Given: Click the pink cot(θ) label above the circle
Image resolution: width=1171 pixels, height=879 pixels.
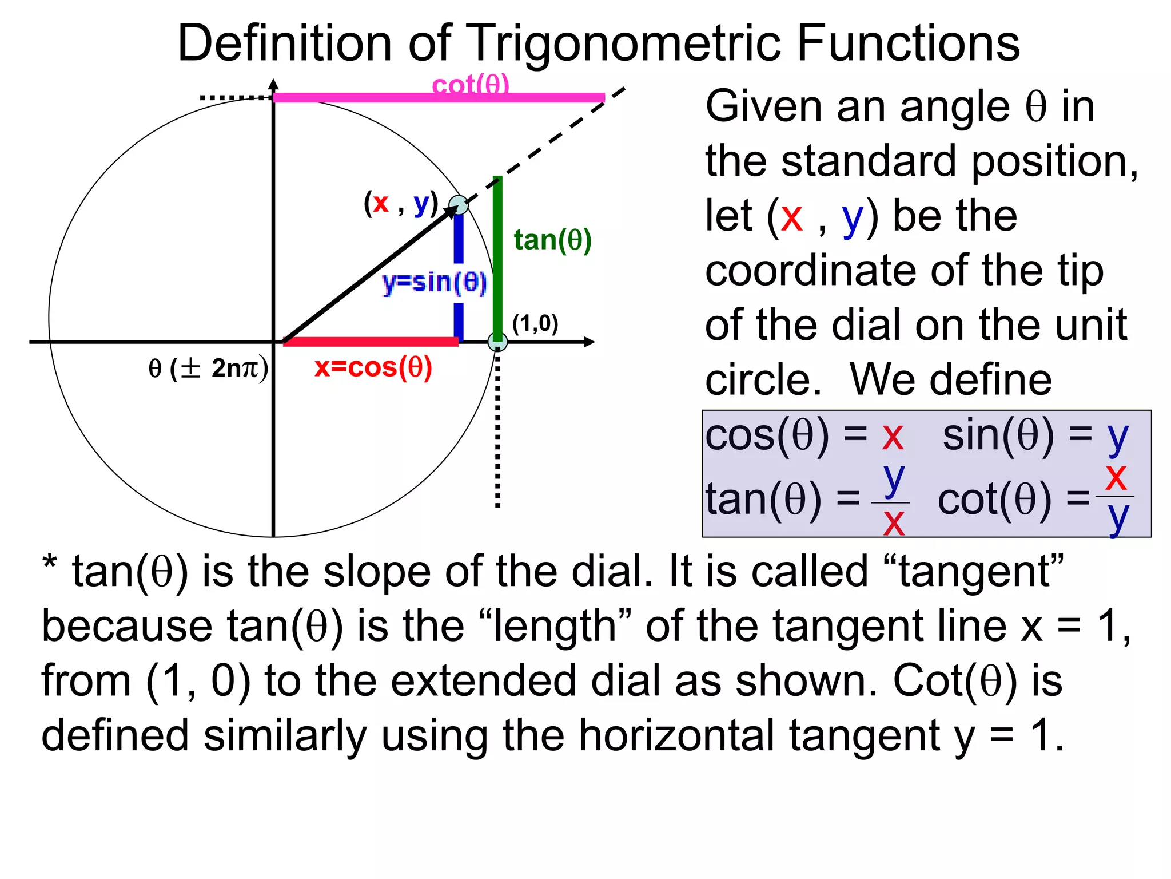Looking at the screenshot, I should click(470, 85).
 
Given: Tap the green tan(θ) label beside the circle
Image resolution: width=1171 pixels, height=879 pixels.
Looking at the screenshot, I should click(552, 240).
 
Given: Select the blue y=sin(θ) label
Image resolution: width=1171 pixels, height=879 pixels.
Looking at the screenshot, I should click(435, 282).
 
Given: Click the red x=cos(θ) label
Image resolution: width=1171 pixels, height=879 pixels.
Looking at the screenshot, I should click(373, 367).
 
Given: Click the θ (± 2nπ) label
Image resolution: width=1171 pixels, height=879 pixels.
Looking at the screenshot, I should click(208, 368).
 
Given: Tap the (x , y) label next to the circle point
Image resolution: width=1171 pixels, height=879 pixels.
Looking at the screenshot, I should click(401, 203).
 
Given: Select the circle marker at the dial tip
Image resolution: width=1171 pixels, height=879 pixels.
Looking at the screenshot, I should click(458, 205).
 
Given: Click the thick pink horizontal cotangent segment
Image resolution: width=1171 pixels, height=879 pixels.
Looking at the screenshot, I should click(400, 98).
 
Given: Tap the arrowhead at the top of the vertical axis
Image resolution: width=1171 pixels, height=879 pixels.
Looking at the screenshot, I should click(274, 85).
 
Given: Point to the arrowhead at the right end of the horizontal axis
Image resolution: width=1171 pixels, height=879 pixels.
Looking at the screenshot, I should click(590, 342).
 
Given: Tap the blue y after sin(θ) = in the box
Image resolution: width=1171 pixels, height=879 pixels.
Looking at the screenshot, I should click(1118, 438).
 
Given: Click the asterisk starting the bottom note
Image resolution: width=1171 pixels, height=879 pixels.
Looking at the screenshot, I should click(50, 564).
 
